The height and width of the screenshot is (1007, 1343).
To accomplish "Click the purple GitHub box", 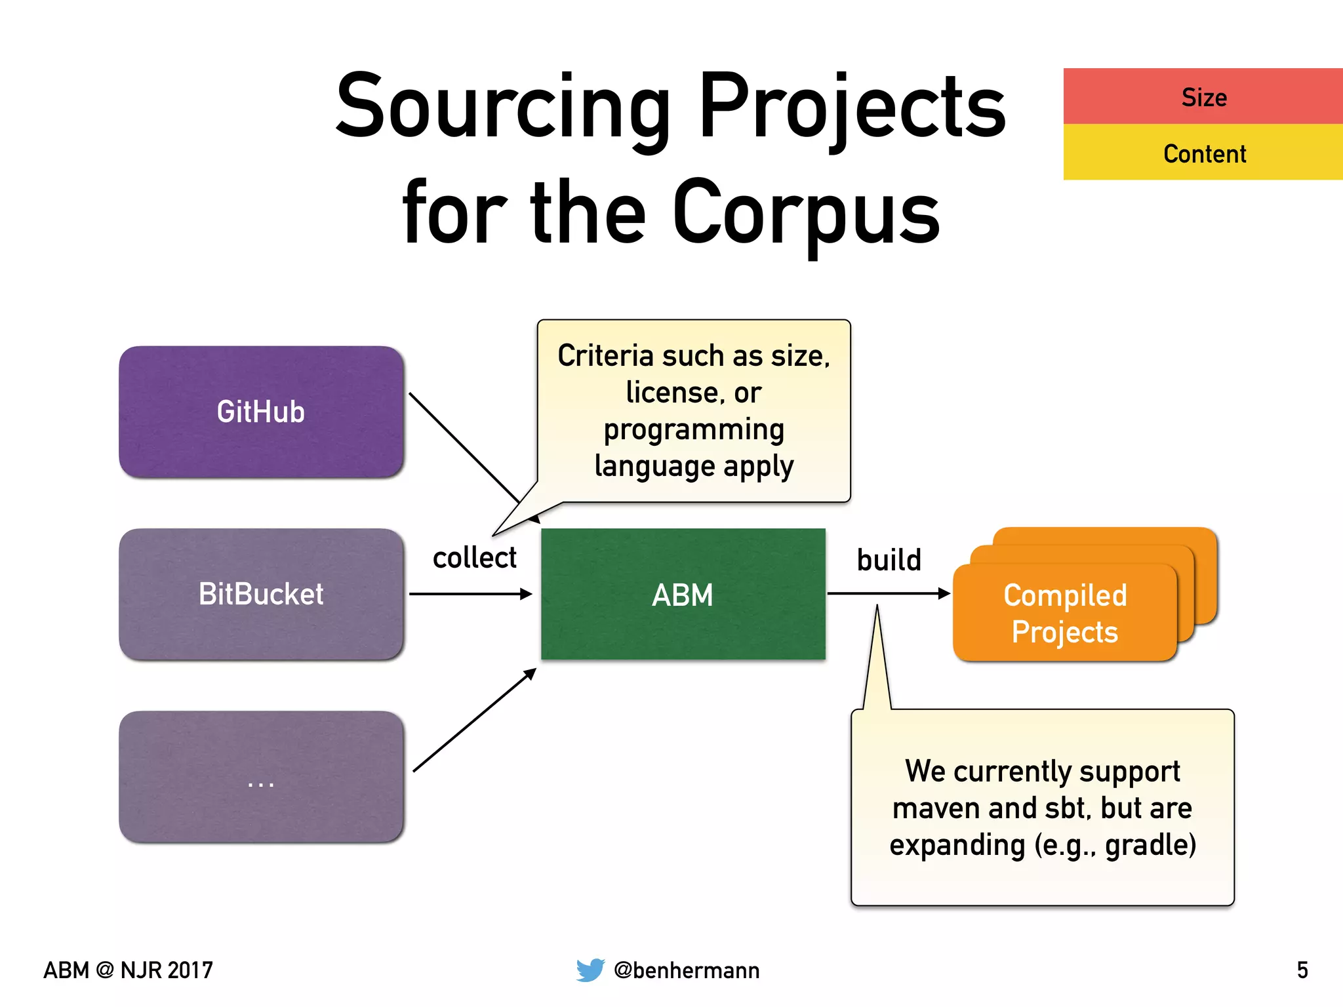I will pos(261,412).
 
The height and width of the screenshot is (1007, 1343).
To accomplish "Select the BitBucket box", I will pos(261,594).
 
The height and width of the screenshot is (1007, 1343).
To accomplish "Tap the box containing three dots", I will pos(261,777).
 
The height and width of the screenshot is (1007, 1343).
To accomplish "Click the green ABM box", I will pos(683,595).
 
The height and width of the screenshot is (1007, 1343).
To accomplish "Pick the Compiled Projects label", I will pos(1065,613).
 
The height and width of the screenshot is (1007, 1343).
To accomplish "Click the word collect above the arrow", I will pos(474,558).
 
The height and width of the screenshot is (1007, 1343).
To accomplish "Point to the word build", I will pos(889,561).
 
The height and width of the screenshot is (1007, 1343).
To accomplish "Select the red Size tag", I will pos(1203,97).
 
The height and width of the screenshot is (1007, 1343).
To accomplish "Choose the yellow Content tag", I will pos(1203,153).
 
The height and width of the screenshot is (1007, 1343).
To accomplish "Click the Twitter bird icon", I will pos(590,970).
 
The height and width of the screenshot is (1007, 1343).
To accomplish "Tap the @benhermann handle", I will pos(687,970).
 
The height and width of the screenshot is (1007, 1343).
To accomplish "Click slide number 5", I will pos(1302,970).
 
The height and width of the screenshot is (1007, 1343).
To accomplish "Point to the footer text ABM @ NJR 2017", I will pos(129,970).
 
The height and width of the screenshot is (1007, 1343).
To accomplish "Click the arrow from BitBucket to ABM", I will pos(470,594).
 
